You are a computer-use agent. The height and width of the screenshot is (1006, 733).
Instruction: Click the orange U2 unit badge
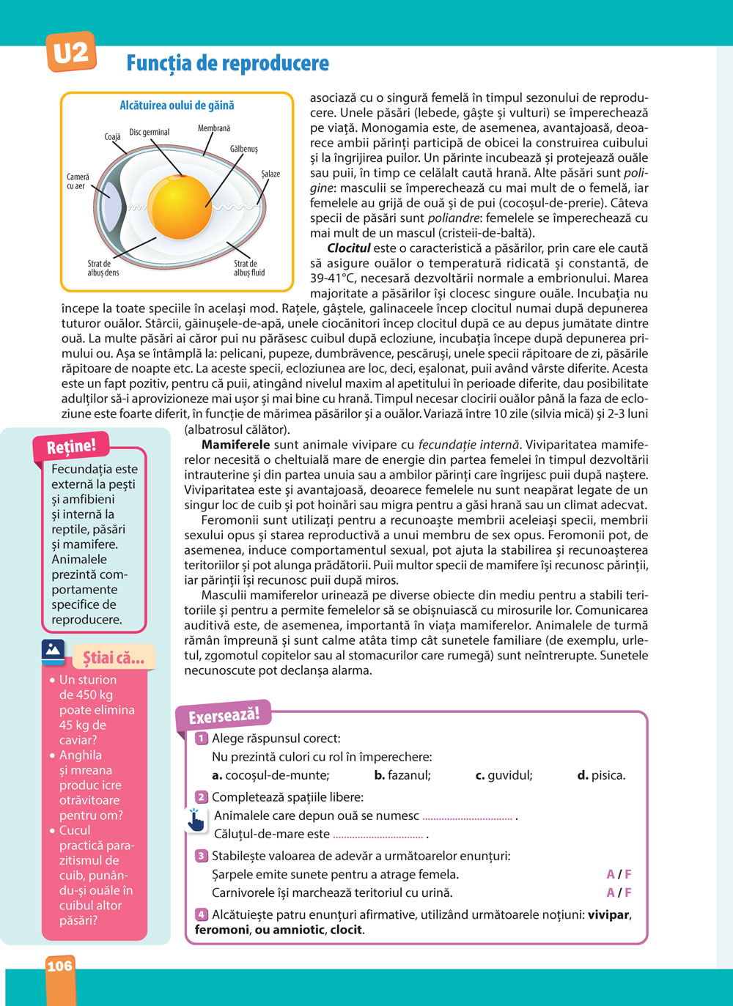click(71, 52)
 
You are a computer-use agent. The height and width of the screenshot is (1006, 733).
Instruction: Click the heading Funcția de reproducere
click(227, 63)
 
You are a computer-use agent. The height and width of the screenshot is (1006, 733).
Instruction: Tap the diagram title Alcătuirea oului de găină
click(177, 106)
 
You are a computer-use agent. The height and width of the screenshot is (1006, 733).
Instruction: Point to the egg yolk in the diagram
click(180, 207)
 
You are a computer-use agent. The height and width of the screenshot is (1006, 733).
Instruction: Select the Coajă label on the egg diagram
click(112, 137)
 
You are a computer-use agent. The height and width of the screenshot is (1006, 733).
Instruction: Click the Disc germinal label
click(150, 132)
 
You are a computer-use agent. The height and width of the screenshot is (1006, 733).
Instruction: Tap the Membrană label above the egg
click(214, 128)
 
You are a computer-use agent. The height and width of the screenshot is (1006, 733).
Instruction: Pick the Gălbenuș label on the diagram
click(244, 149)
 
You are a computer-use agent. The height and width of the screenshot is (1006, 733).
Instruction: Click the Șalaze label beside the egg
click(270, 174)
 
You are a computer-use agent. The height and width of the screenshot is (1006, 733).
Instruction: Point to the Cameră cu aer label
click(78, 182)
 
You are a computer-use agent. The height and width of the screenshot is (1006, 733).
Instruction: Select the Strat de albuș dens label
click(103, 268)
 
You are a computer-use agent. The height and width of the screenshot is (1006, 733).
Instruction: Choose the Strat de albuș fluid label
click(249, 268)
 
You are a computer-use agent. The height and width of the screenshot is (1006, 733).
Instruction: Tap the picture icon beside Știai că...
click(54, 651)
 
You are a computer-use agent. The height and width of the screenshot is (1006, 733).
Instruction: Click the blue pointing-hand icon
click(196, 820)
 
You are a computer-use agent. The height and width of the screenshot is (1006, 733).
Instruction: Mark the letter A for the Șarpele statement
click(611, 874)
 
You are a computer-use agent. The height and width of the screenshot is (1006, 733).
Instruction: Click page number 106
click(59, 966)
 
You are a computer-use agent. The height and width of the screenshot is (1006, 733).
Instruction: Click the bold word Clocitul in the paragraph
click(349, 248)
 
